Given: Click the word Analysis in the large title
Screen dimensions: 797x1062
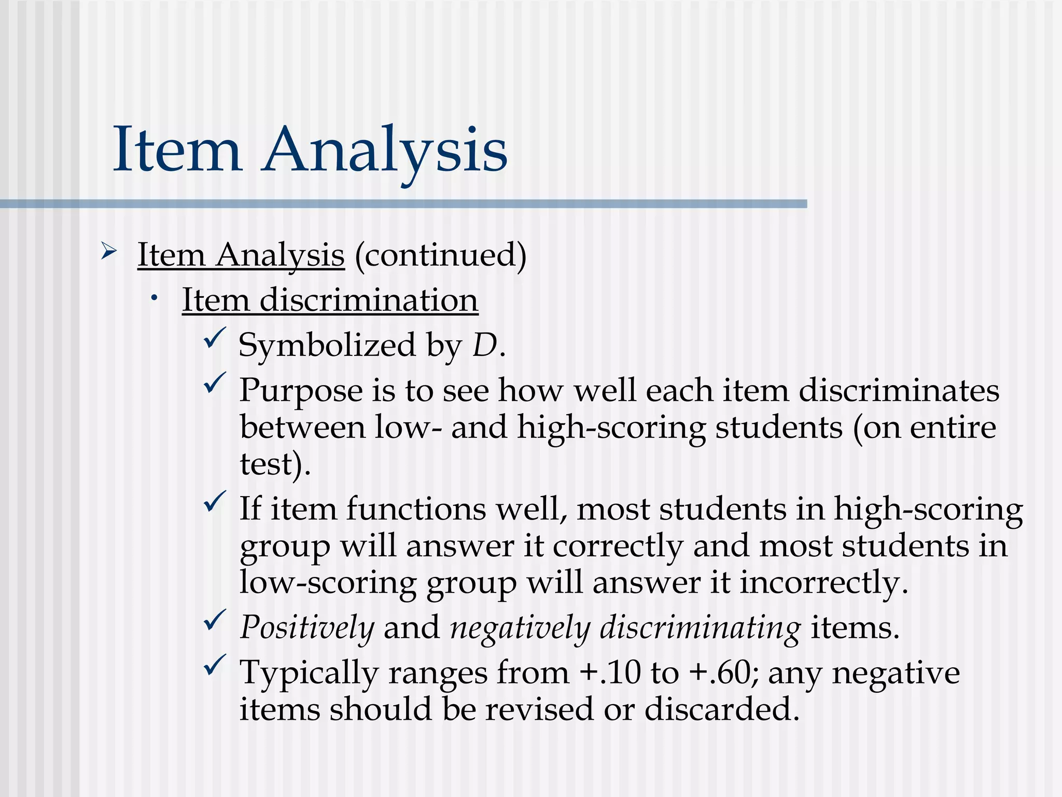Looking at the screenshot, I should click(x=385, y=150).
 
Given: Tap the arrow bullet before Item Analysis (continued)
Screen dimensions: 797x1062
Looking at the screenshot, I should click(x=109, y=252).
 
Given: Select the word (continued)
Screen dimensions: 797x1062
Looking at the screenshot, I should click(x=440, y=255).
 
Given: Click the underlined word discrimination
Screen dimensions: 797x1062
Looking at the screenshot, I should click(x=369, y=300).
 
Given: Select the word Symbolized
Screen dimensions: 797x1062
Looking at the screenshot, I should click(x=327, y=345).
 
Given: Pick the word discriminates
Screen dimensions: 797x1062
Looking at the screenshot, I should click(x=899, y=390).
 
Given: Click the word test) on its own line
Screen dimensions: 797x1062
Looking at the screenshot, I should click(x=275, y=463).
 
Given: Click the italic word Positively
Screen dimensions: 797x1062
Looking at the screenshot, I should click(x=307, y=628).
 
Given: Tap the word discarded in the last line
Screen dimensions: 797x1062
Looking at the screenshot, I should click(x=721, y=709).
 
